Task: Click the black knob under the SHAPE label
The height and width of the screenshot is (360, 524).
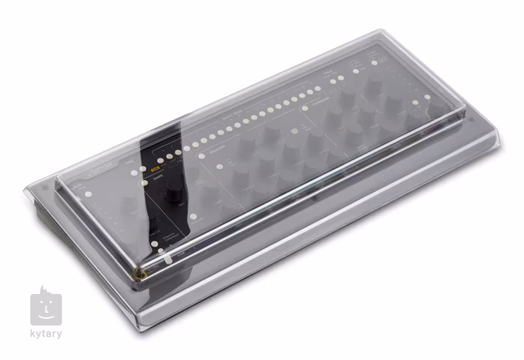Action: point(174,193)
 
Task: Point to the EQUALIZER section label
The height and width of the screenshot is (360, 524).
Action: point(217,147)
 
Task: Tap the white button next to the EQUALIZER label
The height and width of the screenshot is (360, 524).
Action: point(201,155)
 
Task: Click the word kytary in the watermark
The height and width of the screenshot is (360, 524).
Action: point(47,334)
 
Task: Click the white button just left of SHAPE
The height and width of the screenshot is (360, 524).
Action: point(144,183)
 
